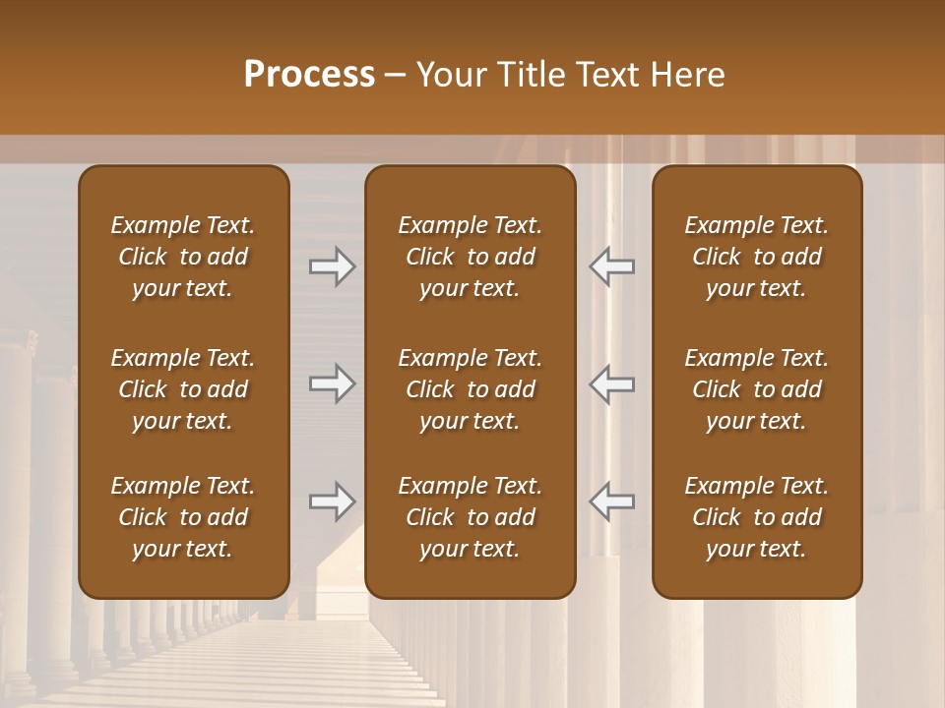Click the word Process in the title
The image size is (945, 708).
tap(309, 75)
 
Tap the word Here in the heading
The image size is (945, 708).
tap(687, 75)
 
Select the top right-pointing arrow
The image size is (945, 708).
tap(332, 266)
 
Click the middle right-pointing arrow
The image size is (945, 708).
tap(332, 383)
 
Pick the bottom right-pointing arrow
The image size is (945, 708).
tap(332, 501)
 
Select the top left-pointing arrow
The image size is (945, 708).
tap(612, 266)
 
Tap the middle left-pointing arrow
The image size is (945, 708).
tap(612, 383)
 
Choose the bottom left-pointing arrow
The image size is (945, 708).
tap(612, 501)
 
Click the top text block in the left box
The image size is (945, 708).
tap(183, 257)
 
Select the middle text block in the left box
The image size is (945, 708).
tap(183, 389)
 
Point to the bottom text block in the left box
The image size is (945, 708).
tap(183, 517)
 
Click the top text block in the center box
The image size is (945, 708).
tap(470, 257)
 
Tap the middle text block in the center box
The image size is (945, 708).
tap(470, 389)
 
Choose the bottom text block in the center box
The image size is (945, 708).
tap(470, 517)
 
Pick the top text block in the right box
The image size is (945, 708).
tap(757, 257)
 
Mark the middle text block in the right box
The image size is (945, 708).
tap(757, 389)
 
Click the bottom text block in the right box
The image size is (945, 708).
tap(757, 517)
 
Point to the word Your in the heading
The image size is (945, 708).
tap(452, 75)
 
